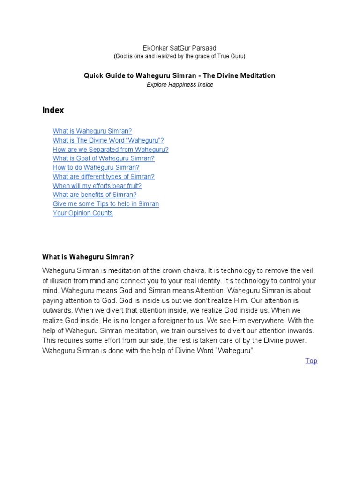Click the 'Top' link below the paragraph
click(x=311, y=361)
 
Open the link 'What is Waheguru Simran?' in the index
click(x=92, y=131)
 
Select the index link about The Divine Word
click(x=108, y=140)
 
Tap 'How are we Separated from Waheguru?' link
click(x=111, y=150)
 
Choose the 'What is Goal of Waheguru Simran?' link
click(x=104, y=158)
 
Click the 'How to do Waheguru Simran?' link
click(x=96, y=167)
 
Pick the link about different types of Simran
click(x=104, y=177)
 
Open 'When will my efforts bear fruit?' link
click(x=97, y=186)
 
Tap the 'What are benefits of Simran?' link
click(x=95, y=195)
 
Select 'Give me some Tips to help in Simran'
click(x=106, y=204)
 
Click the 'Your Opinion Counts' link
click(x=83, y=213)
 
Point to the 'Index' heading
click(x=53, y=111)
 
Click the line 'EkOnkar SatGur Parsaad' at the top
click(x=180, y=48)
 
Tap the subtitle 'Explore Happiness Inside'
click(x=180, y=85)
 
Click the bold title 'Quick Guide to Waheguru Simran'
click(x=180, y=75)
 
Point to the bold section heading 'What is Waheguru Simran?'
click(x=88, y=257)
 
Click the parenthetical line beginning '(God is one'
click(x=180, y=56)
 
